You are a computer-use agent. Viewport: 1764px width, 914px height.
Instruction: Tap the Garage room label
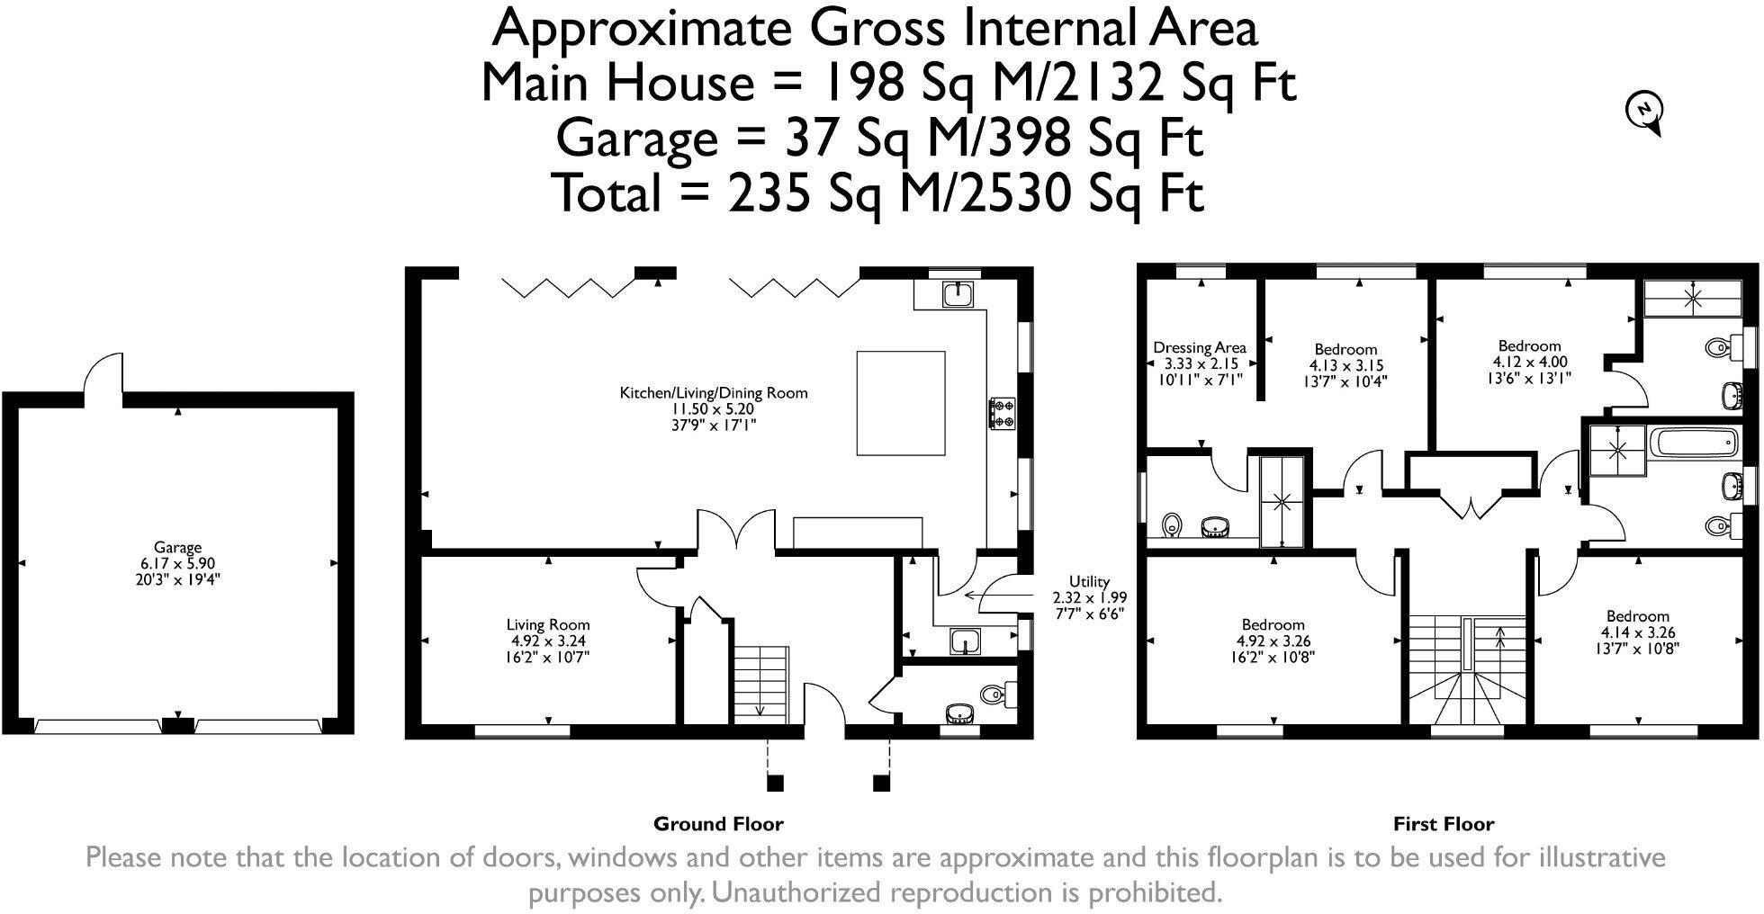coord(177,547)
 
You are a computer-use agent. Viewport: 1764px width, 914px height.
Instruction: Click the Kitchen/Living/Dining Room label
coord(714,393)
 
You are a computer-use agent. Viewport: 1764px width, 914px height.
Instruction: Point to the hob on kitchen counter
coord(1003,411)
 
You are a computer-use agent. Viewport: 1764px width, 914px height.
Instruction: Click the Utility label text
coord(1089,581)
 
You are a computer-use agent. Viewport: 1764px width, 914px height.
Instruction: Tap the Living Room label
coord(548,624)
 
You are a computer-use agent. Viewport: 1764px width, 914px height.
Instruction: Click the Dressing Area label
coord(1200,347)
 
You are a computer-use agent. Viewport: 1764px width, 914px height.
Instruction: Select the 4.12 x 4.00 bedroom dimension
coord(1530,362)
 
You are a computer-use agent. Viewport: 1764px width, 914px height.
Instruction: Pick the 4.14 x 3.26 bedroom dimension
coord(1638,632)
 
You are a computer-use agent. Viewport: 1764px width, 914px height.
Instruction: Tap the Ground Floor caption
coord(718,824)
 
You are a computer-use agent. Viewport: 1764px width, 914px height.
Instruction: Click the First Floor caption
coord(1444,824)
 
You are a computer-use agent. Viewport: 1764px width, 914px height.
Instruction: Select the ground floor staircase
coord(760,683)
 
